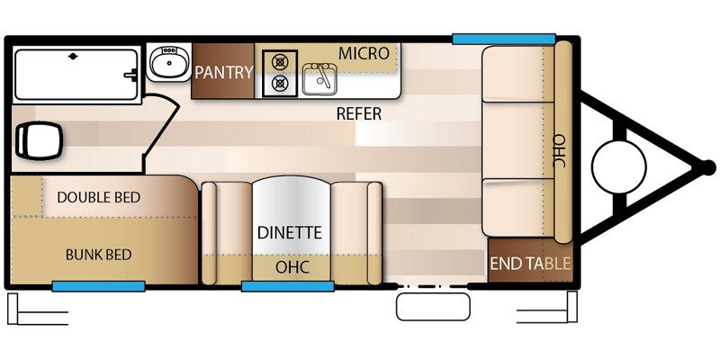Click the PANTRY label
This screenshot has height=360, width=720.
[x=223, y=72]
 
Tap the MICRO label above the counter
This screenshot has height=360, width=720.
[x=364, y=53]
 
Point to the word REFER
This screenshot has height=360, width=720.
[x=358, y=113]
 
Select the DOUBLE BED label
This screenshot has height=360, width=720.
[x=98, y=197]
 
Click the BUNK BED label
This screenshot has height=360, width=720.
[x=98, y=255]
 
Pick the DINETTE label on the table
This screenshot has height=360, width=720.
[x=289, y=232]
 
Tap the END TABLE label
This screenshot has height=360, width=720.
[x=530, y=264]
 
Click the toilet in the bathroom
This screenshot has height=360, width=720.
[x=39, y=141]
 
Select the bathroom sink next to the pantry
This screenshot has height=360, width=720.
[x=169, y=62]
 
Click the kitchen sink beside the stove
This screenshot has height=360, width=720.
[x=319, y=79]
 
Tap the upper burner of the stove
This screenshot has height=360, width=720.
[x=279, y=61]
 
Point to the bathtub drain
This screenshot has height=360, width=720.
[x=73, y=56]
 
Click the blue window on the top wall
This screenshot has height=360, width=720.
[x=504, y=39]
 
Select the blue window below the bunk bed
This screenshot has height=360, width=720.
[x=98, y=286]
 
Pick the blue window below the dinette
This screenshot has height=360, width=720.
[x=287, y=286]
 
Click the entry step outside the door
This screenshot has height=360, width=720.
[x=433, y=307]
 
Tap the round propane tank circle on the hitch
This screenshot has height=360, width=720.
[x=619, y=167]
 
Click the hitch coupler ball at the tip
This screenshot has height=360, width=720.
[x=708, y=166]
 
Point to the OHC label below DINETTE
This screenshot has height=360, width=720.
[x=292, y=267]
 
